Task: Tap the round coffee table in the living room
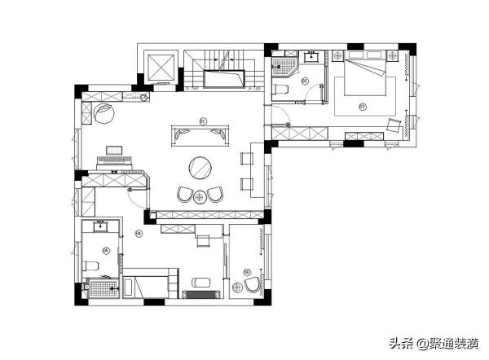pos(201,168)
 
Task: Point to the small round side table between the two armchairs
pos(200,195)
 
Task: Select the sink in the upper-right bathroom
pos(311,57)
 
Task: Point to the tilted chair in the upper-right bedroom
pos(394,125)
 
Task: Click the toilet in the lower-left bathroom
pos(92,265)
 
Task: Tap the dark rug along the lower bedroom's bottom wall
pos(200,293)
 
